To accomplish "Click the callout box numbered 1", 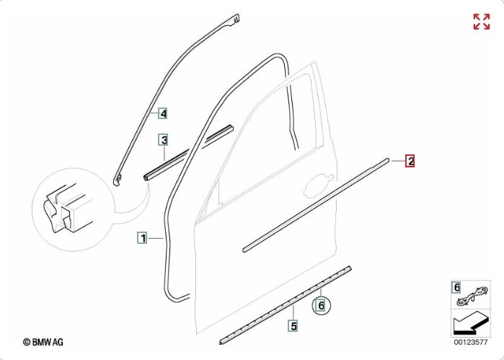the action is point(142,238).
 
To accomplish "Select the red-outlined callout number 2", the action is point(410,161).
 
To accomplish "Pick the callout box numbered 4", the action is point(163,113).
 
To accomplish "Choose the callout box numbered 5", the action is point(293,325).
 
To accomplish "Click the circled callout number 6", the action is point(321,305).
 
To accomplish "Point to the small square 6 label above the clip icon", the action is point(456,287).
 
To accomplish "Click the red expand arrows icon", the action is point(482,22).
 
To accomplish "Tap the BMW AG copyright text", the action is point(43,342).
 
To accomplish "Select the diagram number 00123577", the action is point(471,342).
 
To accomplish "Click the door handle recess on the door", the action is point(319,186).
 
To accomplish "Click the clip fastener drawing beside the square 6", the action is point(473,297).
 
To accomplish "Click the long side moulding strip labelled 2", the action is point(316,205).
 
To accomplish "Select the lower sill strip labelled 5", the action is point(285,306).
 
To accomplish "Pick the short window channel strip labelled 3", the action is point(188,153).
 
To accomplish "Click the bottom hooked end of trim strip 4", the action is point(117,180).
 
